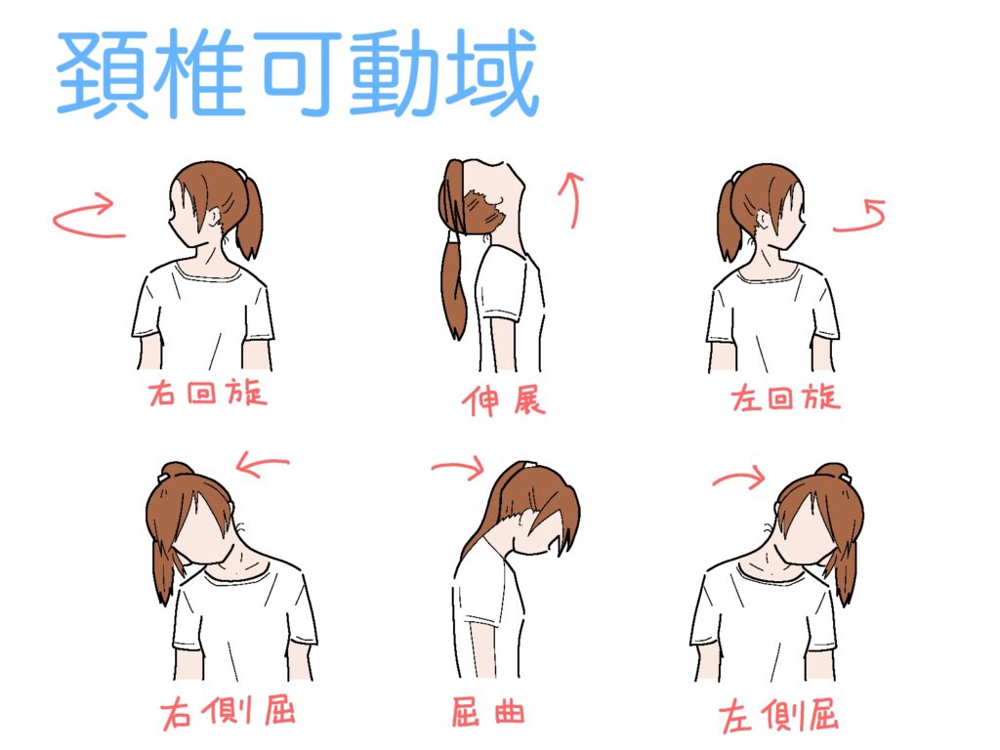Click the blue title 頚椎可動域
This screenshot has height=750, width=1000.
click(x=298, y=73)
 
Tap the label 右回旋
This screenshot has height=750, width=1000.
click(x=208, y=393)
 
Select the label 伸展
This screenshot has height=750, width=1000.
click(x=504, y=400)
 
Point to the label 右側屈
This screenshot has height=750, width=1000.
click(x=228, y=711)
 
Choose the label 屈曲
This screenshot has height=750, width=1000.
click(x=488, y=712)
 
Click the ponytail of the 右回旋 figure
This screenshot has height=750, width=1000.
click(x=250, y=217)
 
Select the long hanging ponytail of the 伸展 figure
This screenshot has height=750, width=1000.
click(x=454, y=287)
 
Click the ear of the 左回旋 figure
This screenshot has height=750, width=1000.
click(x=762, y=220)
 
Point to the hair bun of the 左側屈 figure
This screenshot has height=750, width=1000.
click(x=832, y=472)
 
